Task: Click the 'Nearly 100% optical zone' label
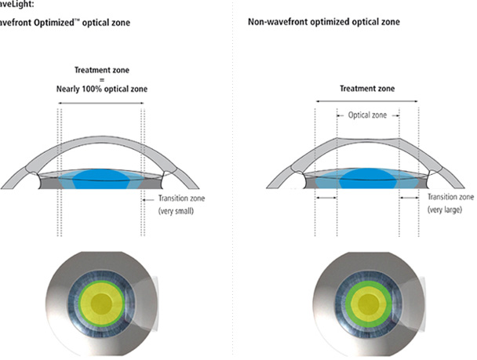100,89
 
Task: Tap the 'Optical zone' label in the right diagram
367,115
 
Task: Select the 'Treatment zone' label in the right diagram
367,89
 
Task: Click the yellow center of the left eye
101,304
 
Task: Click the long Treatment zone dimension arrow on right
367,100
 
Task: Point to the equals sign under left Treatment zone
100,80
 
